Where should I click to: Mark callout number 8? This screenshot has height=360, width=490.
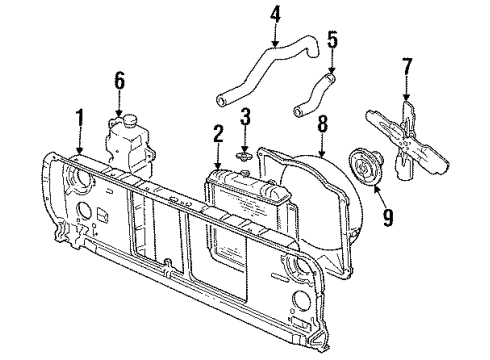323,125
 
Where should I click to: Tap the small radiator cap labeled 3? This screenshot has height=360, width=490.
241,155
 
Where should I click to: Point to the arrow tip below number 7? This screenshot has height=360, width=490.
406,100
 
